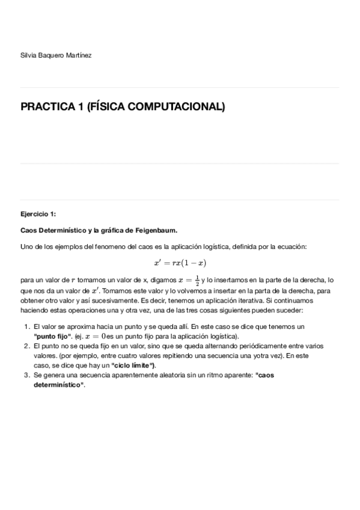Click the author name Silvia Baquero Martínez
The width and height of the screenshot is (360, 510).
[x=56, y=55]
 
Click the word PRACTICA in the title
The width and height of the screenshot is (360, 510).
[x=47, y=107]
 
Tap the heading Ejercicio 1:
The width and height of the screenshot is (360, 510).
[x=37, y=214]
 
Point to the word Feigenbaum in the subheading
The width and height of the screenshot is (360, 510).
[x=156, y=230]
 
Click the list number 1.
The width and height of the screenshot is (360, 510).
[x=26, y=326]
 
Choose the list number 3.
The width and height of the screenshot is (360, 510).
[x=26, y=375]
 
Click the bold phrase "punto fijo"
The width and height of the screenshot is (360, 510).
[x=53, y=336]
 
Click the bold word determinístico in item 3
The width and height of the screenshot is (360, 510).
[x=59, y=384]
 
